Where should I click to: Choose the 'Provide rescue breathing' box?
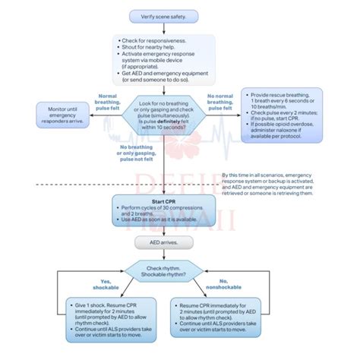tap(282, 113)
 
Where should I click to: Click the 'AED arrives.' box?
tap(163, 242)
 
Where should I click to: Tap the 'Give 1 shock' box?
tap(103, 316)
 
